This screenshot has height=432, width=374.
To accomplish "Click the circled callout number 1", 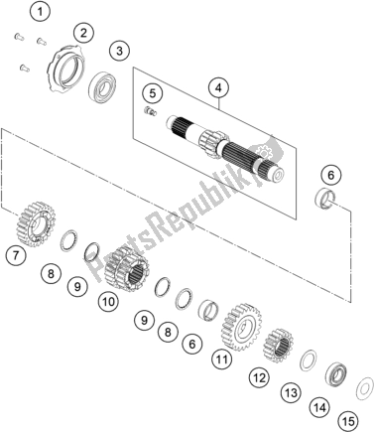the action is [40, 13].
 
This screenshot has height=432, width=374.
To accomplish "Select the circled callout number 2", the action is [83, 33].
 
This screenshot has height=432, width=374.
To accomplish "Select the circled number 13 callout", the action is [292, 393].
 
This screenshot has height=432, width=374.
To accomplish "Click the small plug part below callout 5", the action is [151, 111].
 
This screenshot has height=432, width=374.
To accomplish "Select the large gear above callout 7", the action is [36, 224].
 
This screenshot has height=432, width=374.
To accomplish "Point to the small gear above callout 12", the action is [278, 346].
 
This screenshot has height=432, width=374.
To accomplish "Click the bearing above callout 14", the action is [335, 375].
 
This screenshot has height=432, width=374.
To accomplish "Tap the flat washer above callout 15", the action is [364, 387].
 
